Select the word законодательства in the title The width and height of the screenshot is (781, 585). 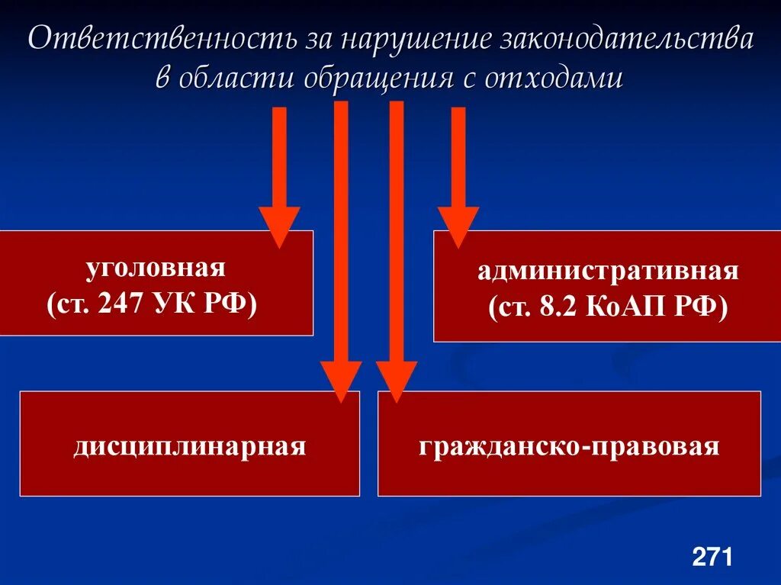[626, 40]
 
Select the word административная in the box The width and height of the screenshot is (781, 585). [609, 272]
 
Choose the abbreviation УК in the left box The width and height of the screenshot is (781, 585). [178, 303]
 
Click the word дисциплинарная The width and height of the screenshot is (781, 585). [190, 446]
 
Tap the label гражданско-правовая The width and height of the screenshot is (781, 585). [569, 446]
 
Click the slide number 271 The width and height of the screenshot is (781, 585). [712, 556]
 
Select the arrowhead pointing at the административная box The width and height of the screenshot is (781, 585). [458, 227]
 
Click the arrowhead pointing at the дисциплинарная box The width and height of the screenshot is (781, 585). [341, 381]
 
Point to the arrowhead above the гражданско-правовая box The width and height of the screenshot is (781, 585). [396, 381]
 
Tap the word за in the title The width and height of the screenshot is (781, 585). [313, 40]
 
